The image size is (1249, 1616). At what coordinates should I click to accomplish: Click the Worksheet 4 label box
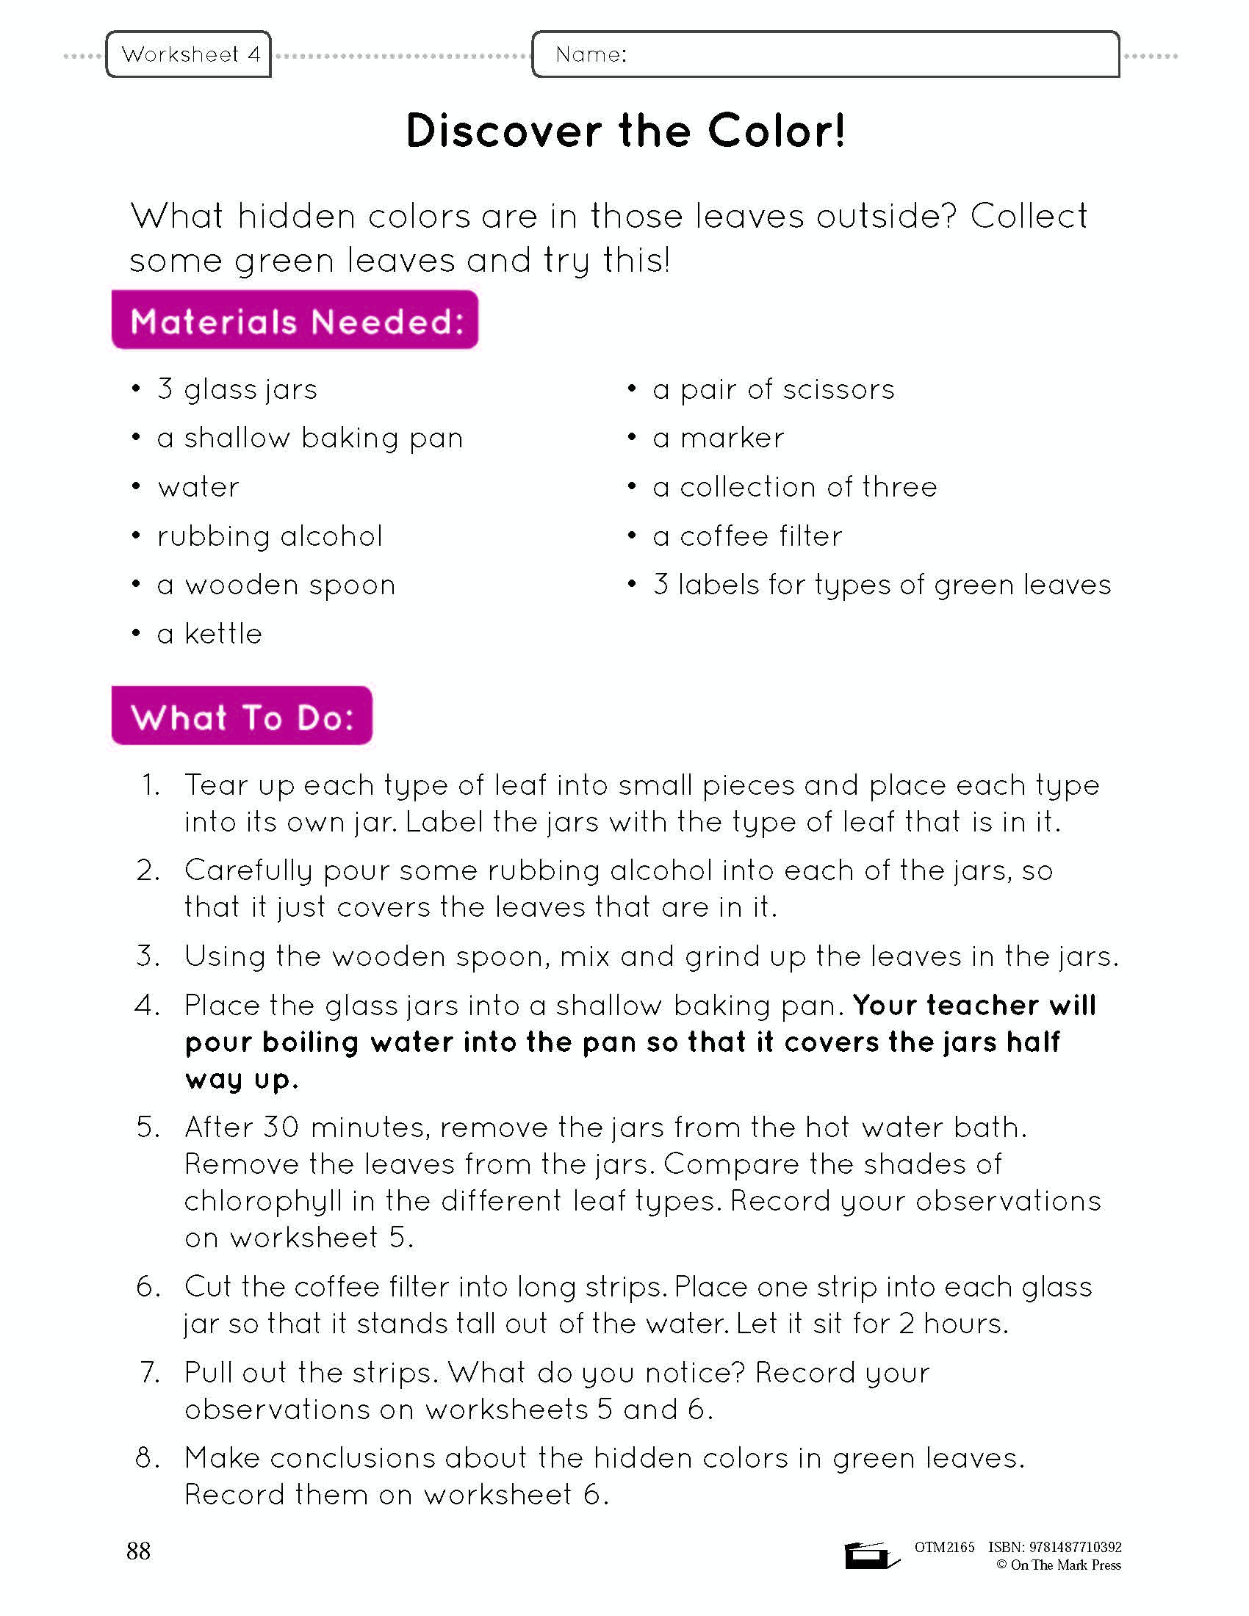[189, 54]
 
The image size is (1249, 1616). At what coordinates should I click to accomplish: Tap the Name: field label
[591, 54]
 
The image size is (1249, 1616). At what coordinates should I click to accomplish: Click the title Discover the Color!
[625, 131]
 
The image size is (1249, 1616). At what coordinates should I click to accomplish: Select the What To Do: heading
[242, 716]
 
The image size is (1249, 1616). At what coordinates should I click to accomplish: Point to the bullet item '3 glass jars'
[237, 389]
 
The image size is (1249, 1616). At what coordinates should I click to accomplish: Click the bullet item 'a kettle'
[209, 634]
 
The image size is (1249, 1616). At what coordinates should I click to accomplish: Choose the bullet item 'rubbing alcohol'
[270, 536]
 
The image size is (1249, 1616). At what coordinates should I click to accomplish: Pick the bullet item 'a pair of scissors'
[773, 389]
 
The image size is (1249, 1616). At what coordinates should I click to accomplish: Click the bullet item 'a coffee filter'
[747, 536]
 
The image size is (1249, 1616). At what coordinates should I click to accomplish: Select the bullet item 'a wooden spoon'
[276, 585]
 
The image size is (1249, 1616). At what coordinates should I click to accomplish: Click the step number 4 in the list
[147, 1006]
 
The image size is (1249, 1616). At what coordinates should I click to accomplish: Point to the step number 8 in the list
[147, 1457]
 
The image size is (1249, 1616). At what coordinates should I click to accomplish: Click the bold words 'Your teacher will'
[973, 1005]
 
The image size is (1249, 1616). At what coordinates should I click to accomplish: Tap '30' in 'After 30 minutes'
[281, 1127]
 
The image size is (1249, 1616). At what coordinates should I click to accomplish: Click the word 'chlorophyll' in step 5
[264, 1201]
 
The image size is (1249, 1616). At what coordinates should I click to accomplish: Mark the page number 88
[138, 1551]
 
